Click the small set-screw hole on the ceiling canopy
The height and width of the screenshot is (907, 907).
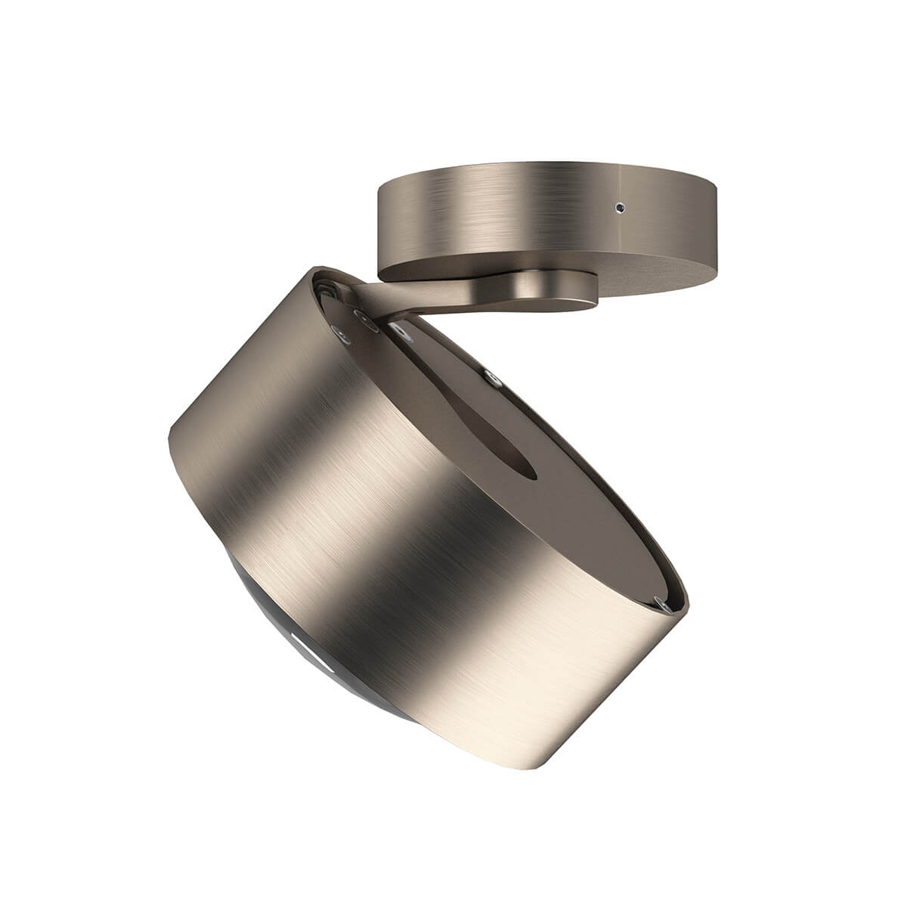tap(621, 206)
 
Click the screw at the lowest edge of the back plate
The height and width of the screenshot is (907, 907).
tap(662, 604)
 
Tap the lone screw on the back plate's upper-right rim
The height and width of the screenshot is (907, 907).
tap(493, 376)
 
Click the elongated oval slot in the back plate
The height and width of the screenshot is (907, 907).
tap(484, 438)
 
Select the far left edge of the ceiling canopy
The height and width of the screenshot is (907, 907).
tap(377, 227)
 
